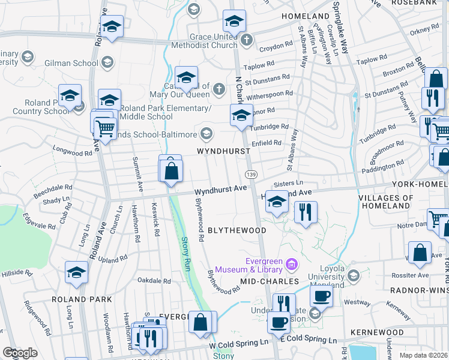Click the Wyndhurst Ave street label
point(221,188)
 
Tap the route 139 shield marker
point(251,173)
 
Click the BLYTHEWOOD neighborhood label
point(237,230)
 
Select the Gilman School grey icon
point(107,62)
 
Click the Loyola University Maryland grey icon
point(354,275)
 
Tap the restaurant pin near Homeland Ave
point(306,212)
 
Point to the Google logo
point(20,353)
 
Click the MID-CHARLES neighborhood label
point(270,281)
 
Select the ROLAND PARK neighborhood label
point(82,299)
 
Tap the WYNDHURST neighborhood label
point(224,151)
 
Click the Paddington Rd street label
point(384,166)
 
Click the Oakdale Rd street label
point(154,280)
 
